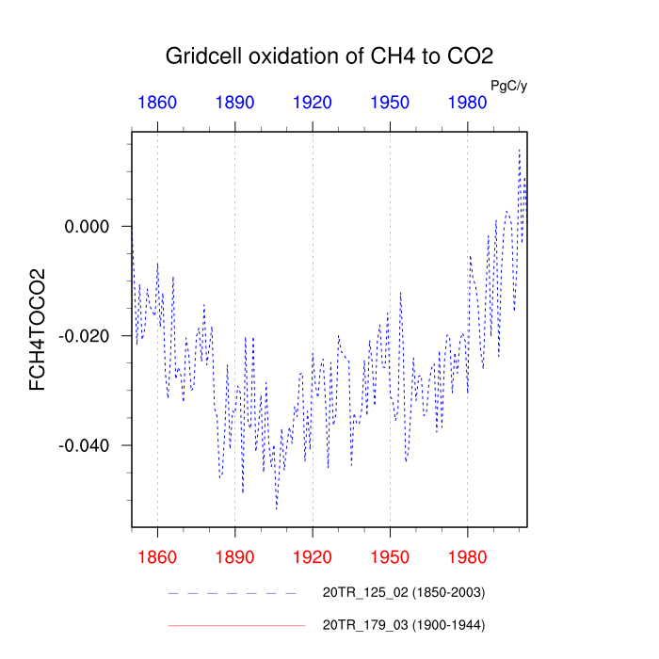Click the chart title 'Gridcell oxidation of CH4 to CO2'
pyautogui.click(x=329, y=56)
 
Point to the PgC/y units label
pyautogui.click(x=509, y=86)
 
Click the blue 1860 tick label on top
pyautogui.click(x=157, y=103)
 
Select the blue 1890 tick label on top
pyautogui.click(x=234, y=103)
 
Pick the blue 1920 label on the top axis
pyautogui.click(x=313, y=103)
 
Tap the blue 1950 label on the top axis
pyautogui.click(x=390, y=103)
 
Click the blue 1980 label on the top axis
pyautogui.click(x=468, y=103)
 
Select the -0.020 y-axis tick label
pyautogui.click(x=85, y=336)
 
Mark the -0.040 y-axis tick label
pyautogui.click(x=85, y=445)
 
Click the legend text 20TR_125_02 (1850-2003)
pyautogui.click(x=404, y=593)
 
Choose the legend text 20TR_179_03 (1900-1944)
pyautogui.click(x=404, y=624)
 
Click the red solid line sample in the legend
pyautogui.click(x=236, y=624)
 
